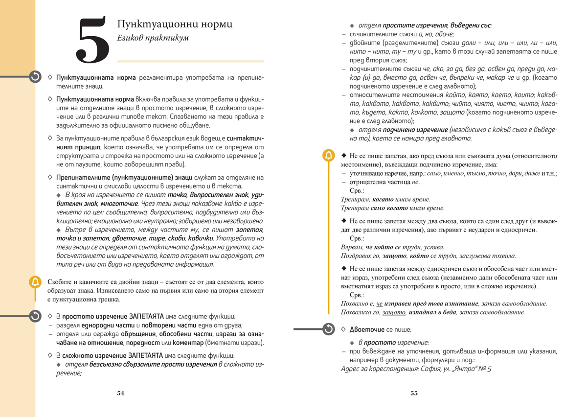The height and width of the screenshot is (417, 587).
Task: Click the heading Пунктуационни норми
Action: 175,24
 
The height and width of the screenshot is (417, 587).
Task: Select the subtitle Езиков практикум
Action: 153,38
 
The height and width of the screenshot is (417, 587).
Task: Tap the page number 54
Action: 120,393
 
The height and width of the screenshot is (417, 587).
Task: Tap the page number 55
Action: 414,393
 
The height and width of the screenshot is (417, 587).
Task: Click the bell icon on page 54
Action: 35,282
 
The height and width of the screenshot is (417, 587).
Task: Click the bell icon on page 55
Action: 328,156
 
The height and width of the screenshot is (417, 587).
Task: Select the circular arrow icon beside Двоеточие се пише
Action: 329,329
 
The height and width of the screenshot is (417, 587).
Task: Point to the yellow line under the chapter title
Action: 190,61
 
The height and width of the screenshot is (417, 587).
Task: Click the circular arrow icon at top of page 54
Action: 35,76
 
